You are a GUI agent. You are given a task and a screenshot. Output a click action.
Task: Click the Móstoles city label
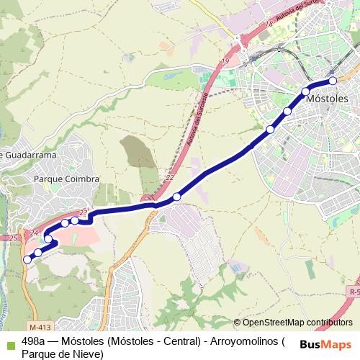[327, 99]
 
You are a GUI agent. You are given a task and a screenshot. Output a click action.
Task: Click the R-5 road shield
[353, 292]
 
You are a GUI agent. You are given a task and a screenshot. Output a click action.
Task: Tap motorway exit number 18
[269, 24]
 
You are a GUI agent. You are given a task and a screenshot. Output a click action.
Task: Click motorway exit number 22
[170, 177]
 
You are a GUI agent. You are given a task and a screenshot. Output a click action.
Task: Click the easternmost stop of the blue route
[333, 81]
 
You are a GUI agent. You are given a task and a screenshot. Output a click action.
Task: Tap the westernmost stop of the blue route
[27, 259]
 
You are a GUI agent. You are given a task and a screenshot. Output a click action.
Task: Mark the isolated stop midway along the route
[176, 197]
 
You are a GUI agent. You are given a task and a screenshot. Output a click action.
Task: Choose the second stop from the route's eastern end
[306, 91]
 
